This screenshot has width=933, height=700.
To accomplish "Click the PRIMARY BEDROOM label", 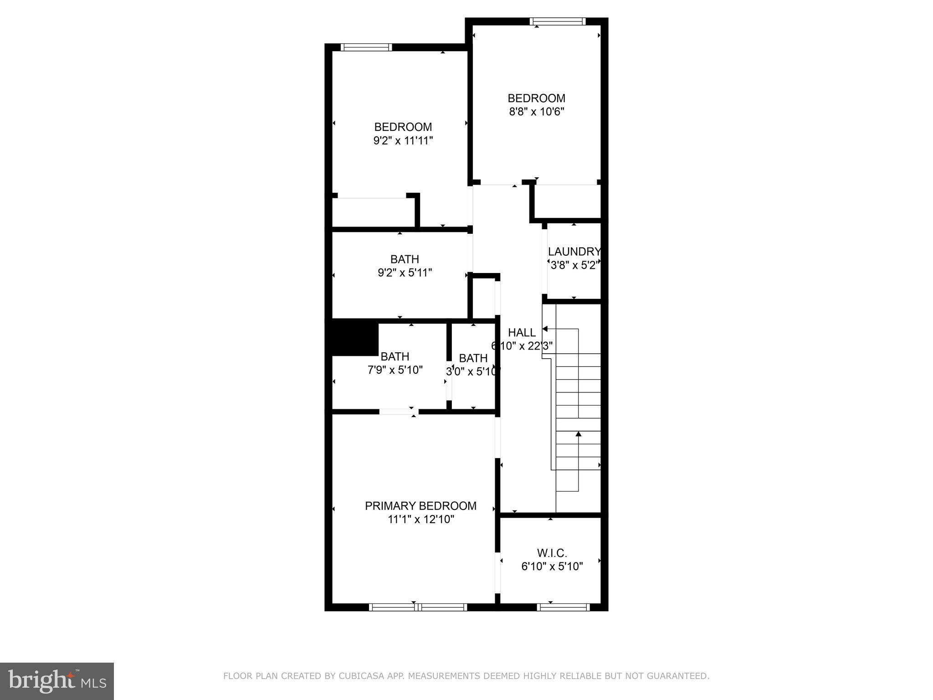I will [x=420, y=506].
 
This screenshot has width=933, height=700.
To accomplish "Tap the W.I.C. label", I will [x=552, y=553].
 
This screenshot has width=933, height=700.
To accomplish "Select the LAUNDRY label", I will [x=574, y=252].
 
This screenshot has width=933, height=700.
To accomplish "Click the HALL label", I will [x=522, y=333].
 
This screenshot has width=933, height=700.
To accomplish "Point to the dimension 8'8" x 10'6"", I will [x=536, y=112].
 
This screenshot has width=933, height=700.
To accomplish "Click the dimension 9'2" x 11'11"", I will [x=403, y=140].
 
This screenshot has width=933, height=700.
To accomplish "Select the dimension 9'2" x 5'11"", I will [x=405, y=273].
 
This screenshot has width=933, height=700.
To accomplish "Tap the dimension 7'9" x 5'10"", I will [x=395, y=370].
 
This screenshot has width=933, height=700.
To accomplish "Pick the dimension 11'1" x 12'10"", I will [x=420, y=520].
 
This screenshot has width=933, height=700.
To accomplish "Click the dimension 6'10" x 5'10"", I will [x=552, y=566].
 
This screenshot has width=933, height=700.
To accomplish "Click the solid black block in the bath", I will [x=355, y=339].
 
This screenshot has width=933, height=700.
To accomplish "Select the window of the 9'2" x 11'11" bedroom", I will [x=366, y=47].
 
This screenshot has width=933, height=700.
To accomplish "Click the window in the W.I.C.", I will [x=564, y=607].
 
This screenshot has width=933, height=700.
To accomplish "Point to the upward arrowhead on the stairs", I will [x=579, y=434].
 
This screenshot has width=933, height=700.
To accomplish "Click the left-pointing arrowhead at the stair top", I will [x=545, y=329].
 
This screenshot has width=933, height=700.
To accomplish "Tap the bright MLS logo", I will [x=57, y=681].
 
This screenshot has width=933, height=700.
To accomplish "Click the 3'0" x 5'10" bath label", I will [x=473, y=358].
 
